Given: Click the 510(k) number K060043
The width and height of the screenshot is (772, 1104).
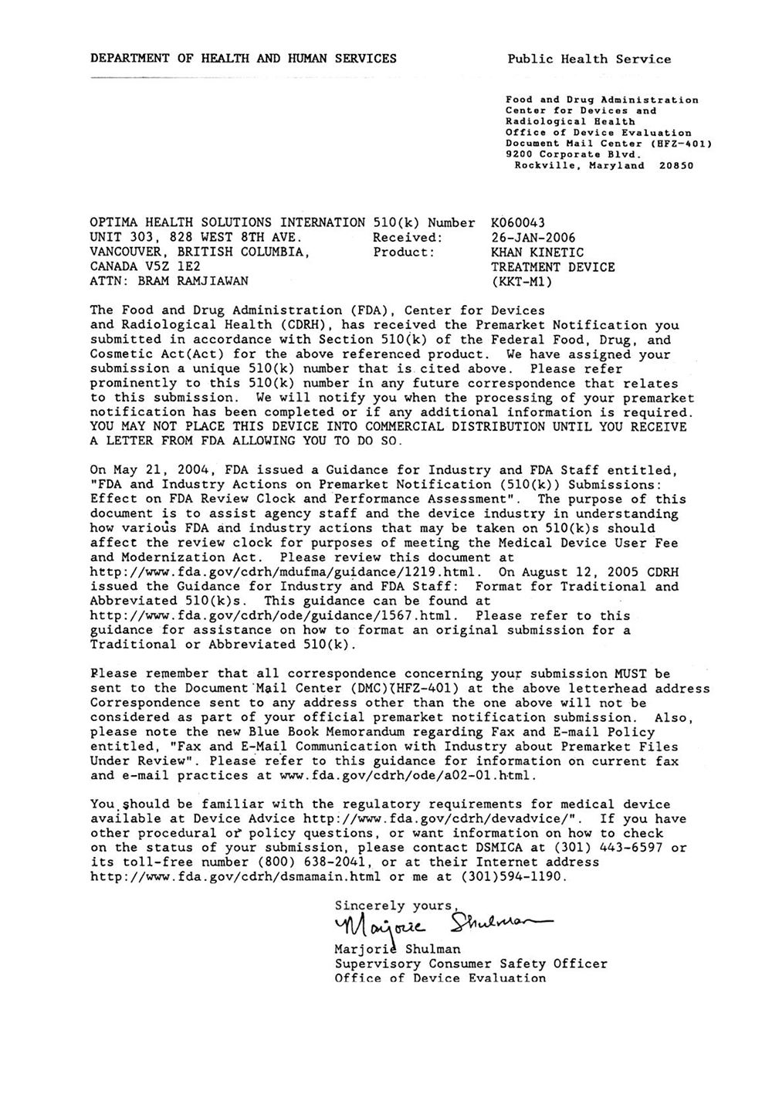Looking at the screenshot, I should click(518, 222).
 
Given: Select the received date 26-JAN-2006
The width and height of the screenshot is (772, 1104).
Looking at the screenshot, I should click(533, 237).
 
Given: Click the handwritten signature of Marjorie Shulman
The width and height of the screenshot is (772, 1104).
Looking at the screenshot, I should click(436, 923).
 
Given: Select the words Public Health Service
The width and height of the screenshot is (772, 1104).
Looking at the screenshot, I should click(589, 59).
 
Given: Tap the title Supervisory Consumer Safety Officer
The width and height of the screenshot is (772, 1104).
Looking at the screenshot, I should click(471, 963).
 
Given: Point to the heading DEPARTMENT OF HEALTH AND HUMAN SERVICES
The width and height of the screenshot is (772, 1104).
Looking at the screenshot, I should click(243, 58).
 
